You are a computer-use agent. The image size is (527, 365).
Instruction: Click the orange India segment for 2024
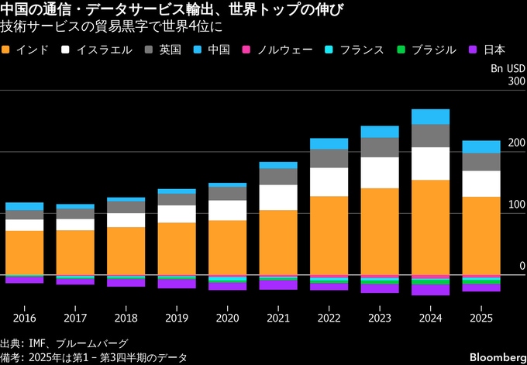(431, 227)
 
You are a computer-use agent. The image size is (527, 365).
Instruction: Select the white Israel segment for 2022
(329, 182)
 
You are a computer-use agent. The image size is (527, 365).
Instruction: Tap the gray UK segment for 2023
(380, 147)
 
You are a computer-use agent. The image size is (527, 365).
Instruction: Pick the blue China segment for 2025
(481, 146)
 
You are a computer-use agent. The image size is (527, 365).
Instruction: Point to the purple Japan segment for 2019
(177, 284)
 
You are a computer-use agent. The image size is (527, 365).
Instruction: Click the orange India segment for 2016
(25, 253)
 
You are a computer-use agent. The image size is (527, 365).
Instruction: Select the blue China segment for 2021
(279, 165)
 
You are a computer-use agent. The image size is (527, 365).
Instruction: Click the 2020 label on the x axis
(228, 318)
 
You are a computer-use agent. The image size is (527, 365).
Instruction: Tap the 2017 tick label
(75, 318)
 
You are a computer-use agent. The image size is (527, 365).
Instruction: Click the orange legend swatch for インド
(7, 50)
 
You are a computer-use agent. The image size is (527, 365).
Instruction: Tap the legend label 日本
(494, 50)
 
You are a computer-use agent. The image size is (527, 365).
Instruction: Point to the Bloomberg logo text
(491, 356)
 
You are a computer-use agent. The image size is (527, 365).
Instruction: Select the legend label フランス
(362, 50)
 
